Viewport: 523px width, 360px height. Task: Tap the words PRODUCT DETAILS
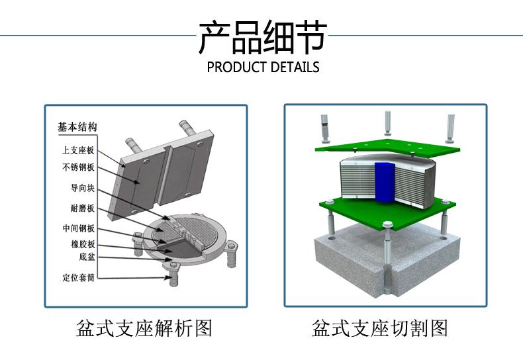(263, 67)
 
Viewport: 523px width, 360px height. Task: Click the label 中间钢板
(79, 229)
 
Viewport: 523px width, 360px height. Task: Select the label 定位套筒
(79, 278)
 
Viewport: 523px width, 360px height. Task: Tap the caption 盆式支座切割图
(380, 328)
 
